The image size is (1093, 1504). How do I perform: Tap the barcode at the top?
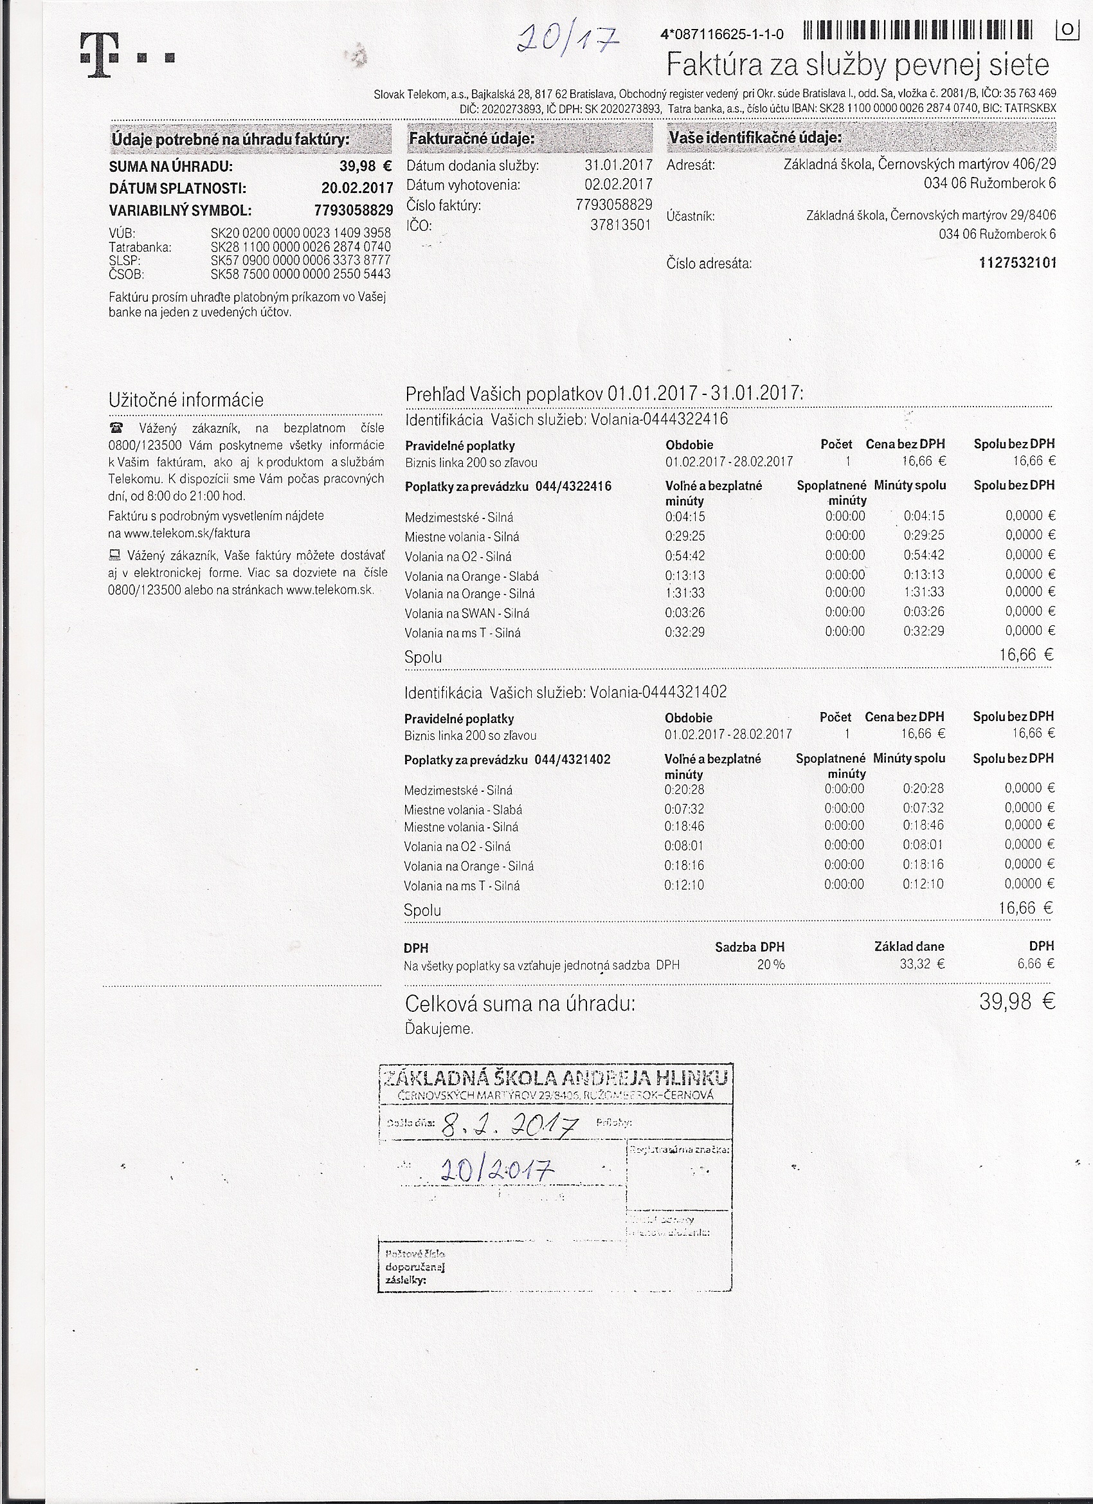coord(917,31)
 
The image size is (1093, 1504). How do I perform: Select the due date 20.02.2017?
coord(357,188)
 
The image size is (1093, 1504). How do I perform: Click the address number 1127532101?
coord(1016,263)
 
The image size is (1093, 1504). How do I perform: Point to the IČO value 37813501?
coord(620,225)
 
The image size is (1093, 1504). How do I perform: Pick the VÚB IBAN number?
coord(300,234)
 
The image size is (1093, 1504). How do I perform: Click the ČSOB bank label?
coord(127,274)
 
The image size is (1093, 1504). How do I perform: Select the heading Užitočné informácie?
coord(186,400)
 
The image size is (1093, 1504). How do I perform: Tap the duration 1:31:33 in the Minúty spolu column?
coord(924,592)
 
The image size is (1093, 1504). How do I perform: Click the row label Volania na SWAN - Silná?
coord(467,614)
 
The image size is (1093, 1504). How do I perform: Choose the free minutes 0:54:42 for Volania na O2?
coord(685,556)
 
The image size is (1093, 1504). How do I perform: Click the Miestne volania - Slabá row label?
coord(463,810)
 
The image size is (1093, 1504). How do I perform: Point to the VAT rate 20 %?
coord(770,965)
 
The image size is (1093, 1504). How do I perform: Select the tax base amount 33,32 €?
coord(922,964)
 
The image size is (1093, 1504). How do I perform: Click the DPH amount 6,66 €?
coord(1035,964)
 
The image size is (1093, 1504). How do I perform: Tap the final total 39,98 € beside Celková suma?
coord(1016,1002)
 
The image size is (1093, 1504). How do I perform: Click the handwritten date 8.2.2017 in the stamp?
coord(510,1125)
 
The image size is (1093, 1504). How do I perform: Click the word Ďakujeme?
coord(438,1029)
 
